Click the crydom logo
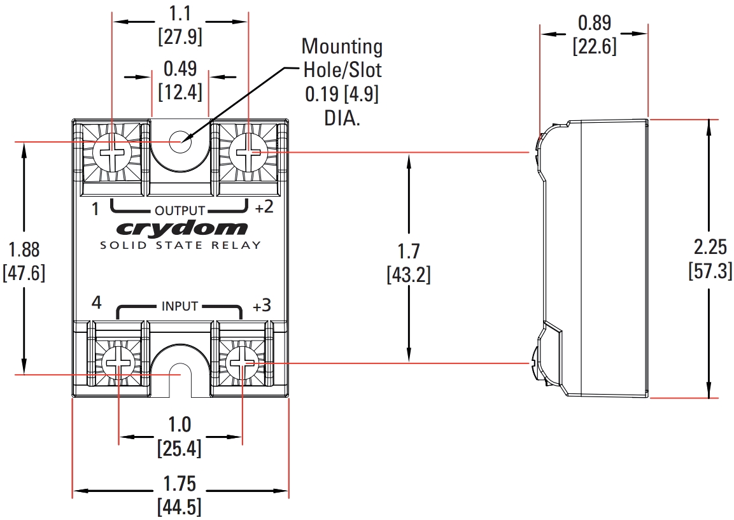181,228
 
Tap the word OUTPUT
180,211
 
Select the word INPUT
180,306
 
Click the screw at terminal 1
112,153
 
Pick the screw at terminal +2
248,153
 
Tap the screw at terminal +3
243,364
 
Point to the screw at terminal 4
119,364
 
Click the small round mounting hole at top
180,141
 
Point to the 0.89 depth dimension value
595,24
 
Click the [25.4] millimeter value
180,448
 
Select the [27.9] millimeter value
180,36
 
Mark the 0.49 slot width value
180,68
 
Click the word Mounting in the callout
342,46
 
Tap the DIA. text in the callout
342,118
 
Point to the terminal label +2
264,207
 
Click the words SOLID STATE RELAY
181,245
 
